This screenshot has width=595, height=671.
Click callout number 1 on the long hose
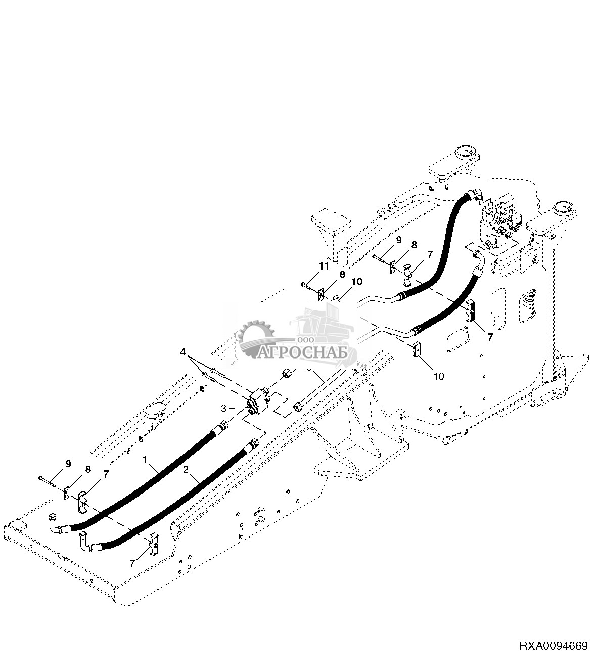[x=146, y=461]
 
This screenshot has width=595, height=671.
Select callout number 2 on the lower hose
[x=186, y=470]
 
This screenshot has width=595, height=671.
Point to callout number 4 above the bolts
[x=184, y=350]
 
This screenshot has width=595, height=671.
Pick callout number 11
[x=324, y=266]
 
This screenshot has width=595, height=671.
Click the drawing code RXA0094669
[x=553, y=646]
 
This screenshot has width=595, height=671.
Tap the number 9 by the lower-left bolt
[x=68, y=463]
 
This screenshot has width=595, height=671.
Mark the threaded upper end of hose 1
[x=220, y=426]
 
